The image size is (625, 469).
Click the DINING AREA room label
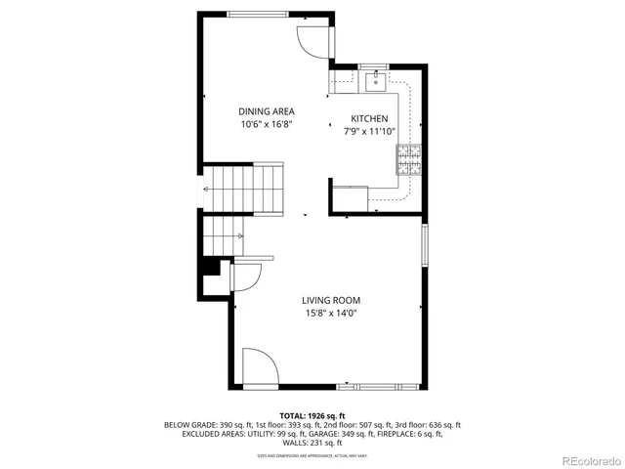point(267,111)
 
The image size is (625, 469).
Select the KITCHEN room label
point(370,118)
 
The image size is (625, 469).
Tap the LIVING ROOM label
point(330,300)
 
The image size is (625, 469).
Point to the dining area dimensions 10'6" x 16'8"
point(267,125)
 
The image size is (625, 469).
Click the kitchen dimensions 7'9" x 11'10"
point(370,131)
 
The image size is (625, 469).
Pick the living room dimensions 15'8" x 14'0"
point(330,314)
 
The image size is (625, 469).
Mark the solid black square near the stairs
point(209,267)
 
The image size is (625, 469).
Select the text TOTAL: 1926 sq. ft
point(312,415)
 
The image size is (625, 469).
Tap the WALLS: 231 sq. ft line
point(312,443)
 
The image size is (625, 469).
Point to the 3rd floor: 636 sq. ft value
point(427,425)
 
